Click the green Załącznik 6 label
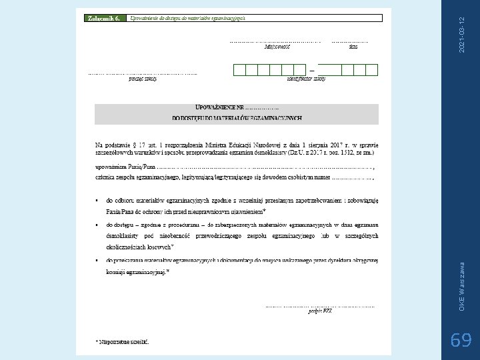tap(103, 19)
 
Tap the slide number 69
tap(461, 341)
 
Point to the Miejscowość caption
tap(277, 47)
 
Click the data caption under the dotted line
tap(353, 47)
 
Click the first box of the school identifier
tap(238, 69)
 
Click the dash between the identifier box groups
tap(311, 69)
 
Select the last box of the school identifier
tap(372, 69)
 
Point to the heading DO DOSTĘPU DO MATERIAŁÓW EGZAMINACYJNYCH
tap(237, 119)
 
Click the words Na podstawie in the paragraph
tap(111, 143)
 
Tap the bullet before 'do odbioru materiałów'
tap(98, 199)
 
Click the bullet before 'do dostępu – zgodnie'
tap(98, 224)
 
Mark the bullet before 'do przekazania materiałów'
tap(98, 261)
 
